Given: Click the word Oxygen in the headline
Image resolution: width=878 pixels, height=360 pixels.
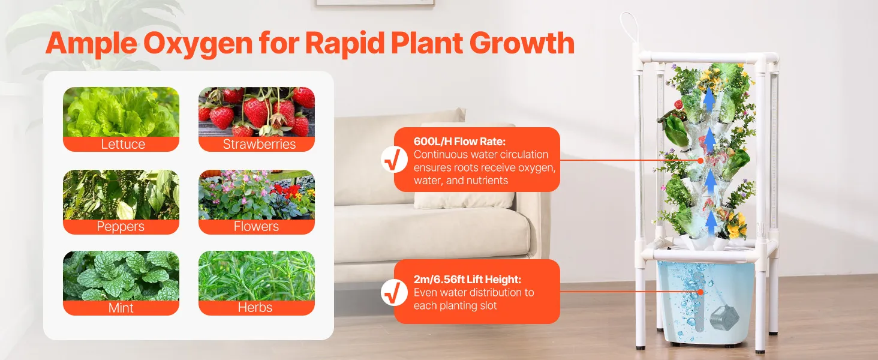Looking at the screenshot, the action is click(197, 44).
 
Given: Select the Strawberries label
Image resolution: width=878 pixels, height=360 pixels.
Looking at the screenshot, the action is click(259, 145).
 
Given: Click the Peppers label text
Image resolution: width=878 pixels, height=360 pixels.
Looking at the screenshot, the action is click(121, 227).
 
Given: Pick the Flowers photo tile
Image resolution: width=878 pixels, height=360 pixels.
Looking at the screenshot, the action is click(257, 194).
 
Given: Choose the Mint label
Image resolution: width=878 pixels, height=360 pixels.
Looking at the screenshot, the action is click(121, 308).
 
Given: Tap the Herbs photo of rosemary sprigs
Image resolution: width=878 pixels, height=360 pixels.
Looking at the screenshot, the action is click(257, 275).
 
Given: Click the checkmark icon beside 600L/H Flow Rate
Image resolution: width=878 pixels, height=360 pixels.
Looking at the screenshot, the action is click(394, 160).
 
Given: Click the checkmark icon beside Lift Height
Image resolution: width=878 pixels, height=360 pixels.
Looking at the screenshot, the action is click(394, 293).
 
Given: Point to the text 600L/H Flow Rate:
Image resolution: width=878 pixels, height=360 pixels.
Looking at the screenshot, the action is click(459, 141).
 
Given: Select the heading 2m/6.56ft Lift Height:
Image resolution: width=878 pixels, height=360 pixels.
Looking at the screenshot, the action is click(467, 279).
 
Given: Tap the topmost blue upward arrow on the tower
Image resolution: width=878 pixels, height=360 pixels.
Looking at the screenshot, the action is click(709, 100).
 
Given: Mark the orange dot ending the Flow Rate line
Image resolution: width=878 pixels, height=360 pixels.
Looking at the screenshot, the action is click(700, 160).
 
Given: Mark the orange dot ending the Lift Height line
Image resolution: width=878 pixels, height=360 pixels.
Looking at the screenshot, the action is click(700, 292).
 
